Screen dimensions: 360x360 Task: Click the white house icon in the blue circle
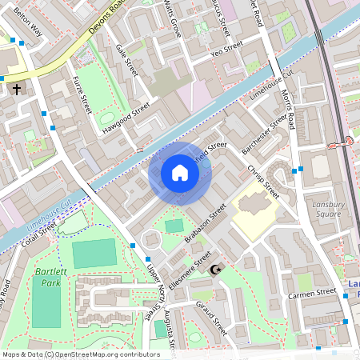coord(179,173)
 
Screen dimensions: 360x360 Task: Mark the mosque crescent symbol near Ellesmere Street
coord(214,271)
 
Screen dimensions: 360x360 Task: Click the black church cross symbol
coord(17,90)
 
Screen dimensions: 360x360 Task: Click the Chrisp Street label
coord(262,182)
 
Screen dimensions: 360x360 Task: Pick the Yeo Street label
coord(226,50)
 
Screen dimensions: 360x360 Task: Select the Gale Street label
coord(126,60)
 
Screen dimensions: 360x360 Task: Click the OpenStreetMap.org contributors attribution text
coord(103,354)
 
